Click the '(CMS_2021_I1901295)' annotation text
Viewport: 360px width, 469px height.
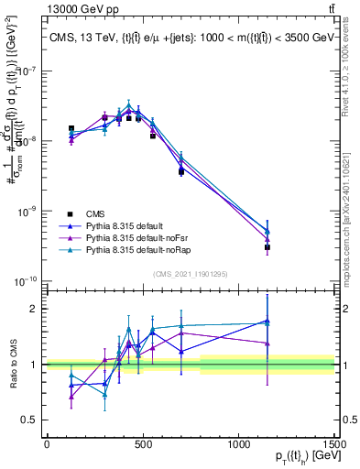pos(190,274)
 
